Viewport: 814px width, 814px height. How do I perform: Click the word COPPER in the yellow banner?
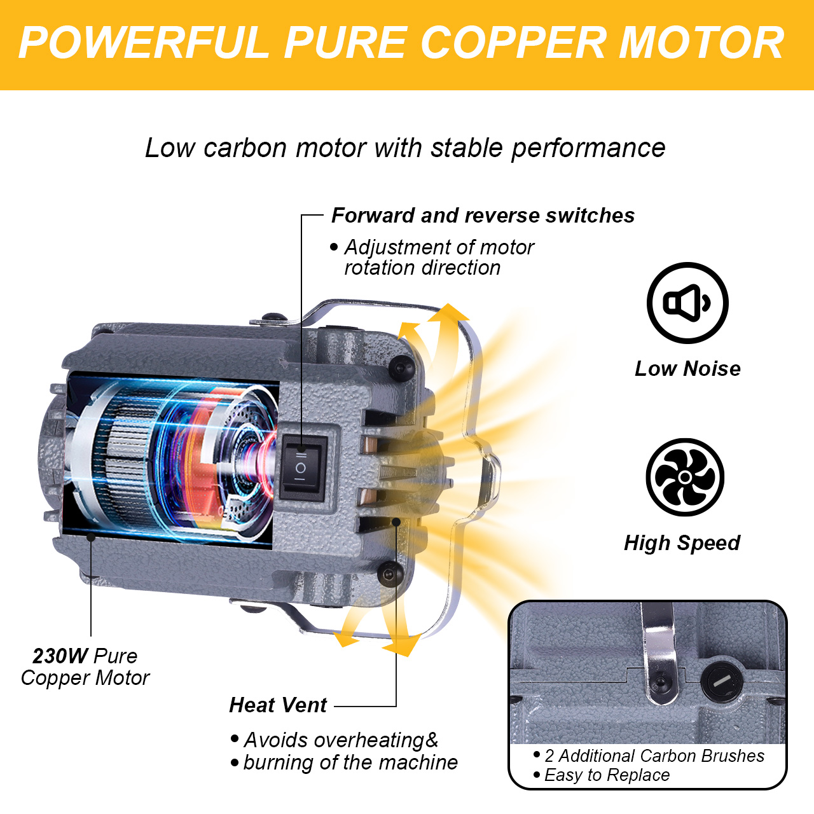(x=513, y=43)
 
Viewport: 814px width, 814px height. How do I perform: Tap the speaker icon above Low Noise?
(x=687, y=303)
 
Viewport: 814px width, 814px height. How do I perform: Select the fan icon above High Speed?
(x=685, y=477)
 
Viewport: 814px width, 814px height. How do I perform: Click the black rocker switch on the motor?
(x=303, y=468)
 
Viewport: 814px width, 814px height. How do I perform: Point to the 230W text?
(x=60, y=656)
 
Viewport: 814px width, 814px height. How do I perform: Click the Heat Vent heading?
(x=278, y=705)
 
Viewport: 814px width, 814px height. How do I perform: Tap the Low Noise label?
(x=687, y=369)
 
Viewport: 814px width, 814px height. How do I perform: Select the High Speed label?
(x=682, y=543)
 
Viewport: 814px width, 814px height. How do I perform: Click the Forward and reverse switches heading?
(x=483, y=216)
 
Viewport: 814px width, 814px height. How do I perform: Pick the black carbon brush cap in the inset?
(x=721, y=682)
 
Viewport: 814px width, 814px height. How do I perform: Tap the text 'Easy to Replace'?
(x=607, y=775)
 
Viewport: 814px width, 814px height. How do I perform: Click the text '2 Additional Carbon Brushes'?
(x=654, y=756)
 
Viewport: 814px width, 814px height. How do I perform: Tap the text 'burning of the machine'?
(x=350, y=762)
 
